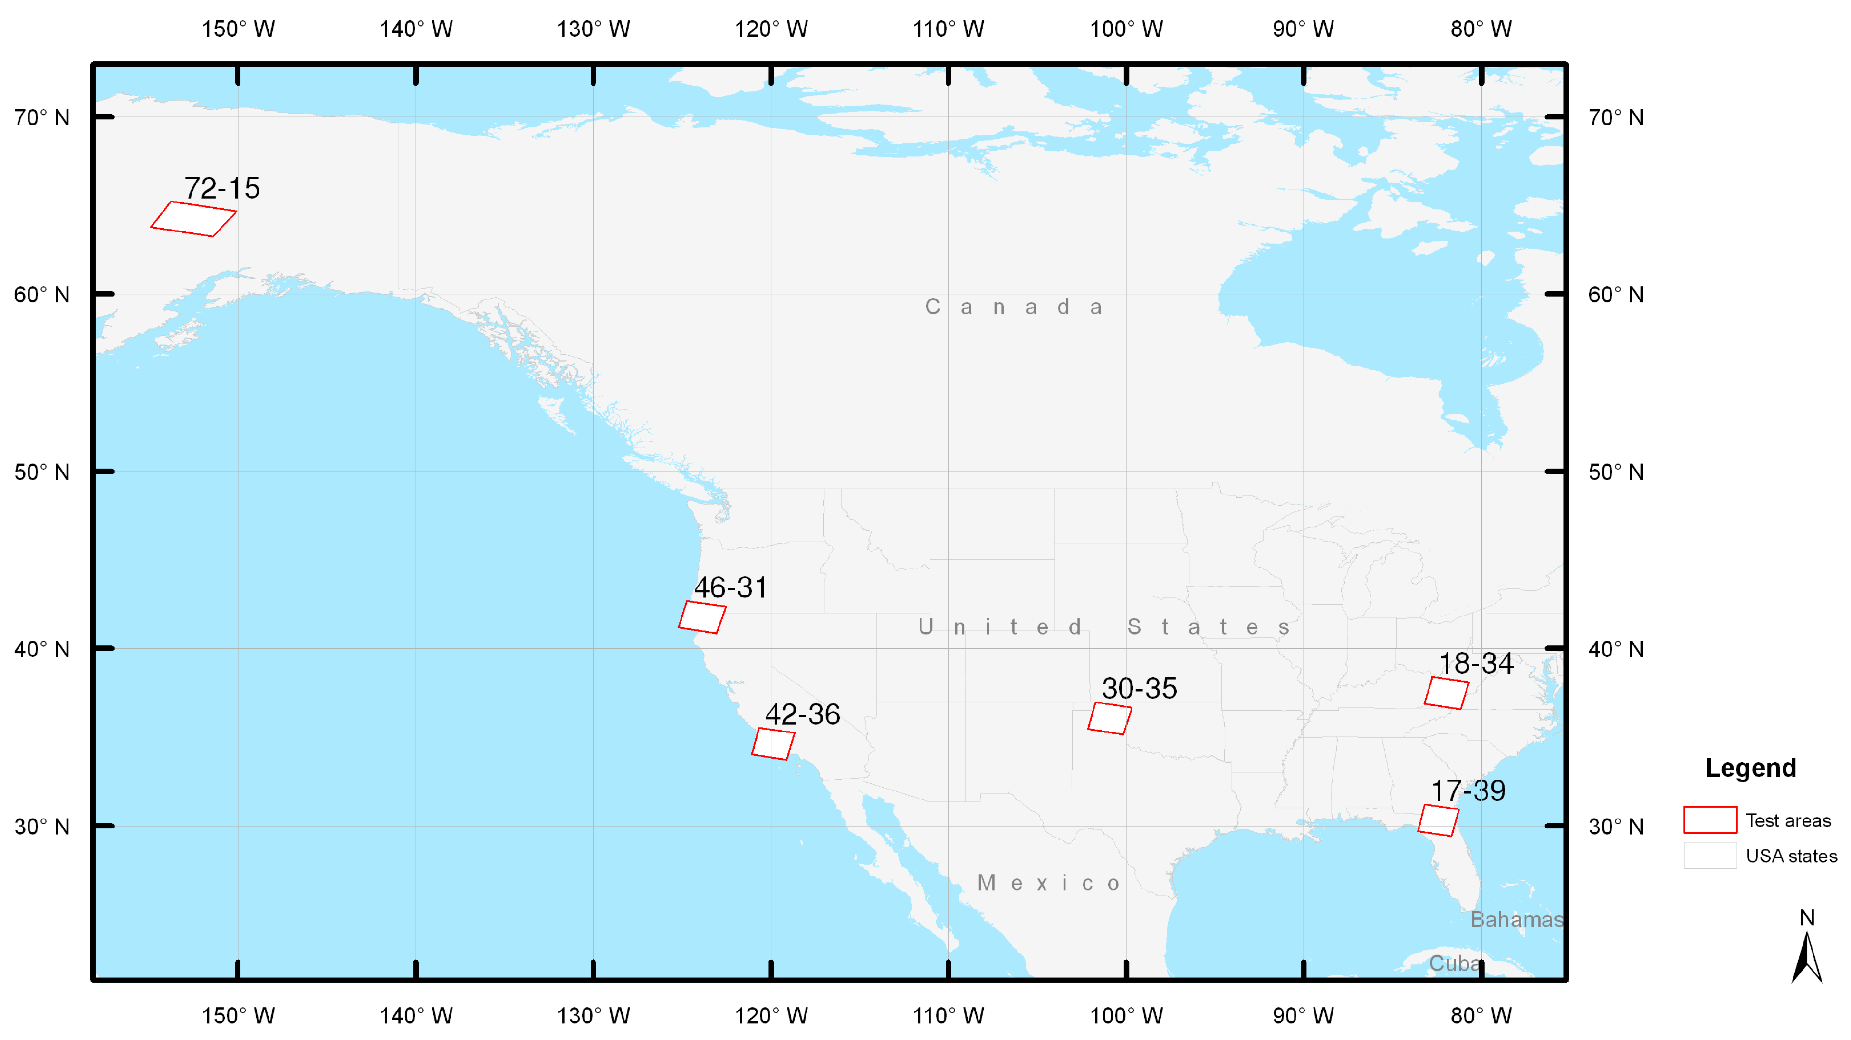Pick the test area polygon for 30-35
(1110, 718)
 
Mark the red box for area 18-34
(1447, 693)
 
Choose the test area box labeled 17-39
(1438, 820)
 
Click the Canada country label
(1013, 307)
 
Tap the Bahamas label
(1516, 919)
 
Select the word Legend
(1750, 768)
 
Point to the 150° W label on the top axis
(238, 29)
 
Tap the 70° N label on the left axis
(42, 117)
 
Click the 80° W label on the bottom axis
(1481, 1016)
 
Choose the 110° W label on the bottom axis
(949, 1016)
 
